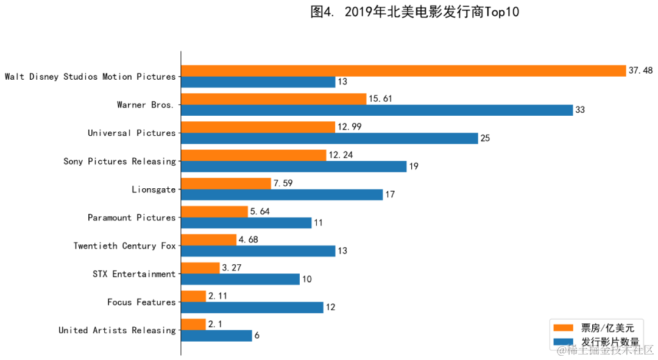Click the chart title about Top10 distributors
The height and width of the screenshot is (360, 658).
click(x=415, y=12)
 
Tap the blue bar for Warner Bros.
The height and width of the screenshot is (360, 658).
click(x=377, y=110)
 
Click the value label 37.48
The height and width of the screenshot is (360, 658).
click(x=640, y=71)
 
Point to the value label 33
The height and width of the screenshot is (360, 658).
click(x=580, y=110)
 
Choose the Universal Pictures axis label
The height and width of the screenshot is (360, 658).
click(x=131, y=133)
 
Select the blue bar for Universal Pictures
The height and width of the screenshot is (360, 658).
click(x=329, y=138)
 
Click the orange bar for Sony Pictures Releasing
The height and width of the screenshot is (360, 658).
click(x=253, y=155)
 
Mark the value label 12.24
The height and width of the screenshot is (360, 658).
click(x=341, y=155)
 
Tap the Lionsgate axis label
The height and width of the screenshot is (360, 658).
click(x=154, y=189)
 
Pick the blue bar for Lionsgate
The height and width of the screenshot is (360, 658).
click(x=281, y=195)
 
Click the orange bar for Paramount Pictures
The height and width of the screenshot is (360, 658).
click(x=214, y=211)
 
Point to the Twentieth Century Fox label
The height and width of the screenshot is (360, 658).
click(x=124, y=246)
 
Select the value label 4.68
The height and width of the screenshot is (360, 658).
click(x=248, y=240)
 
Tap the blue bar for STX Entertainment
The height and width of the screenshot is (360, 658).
click(x=240, y=280)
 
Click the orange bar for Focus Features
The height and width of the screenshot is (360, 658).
click(x=194, y=296)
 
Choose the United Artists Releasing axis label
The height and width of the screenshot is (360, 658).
click(x=117, y=330)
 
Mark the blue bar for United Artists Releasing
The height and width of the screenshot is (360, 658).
click(x=216, y=336)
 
